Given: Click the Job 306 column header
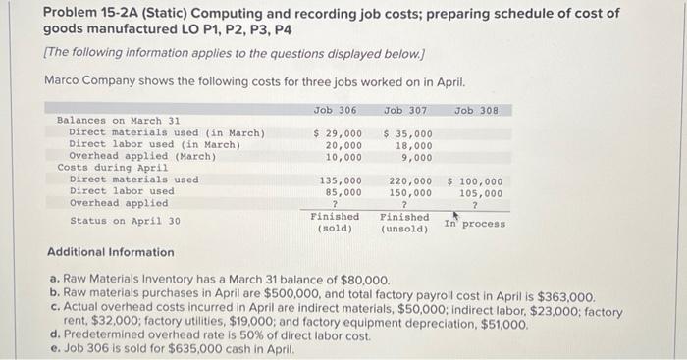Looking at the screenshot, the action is (335, 110).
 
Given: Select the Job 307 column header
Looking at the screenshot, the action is (405, 110).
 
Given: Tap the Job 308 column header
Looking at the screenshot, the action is (476, 110).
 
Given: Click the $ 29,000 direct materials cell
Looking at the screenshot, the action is (337, 132).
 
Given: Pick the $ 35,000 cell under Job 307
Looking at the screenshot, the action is (406, 132).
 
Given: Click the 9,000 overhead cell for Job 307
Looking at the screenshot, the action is (416, 156).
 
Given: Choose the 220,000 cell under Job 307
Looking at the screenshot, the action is (409, 180).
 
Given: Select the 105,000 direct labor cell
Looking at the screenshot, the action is (481, 192).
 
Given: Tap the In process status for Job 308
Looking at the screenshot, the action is (475, 224).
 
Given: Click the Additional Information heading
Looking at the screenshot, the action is (111, 252).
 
